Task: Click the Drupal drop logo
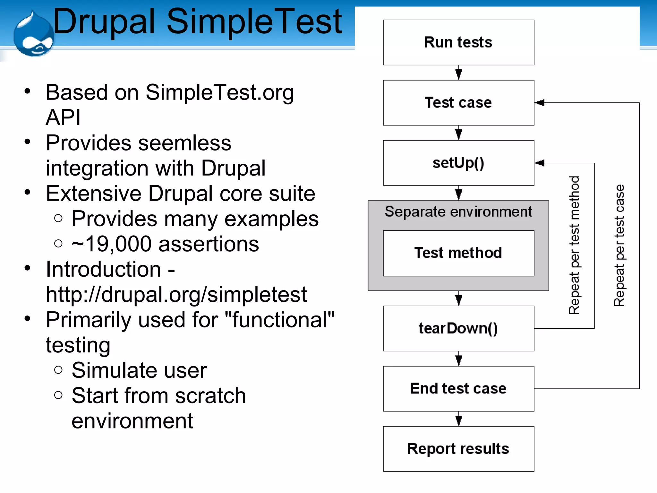click(34, 35)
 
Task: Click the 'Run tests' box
click(458, 42)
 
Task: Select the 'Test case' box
click(458, 103)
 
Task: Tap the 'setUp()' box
click(458, 163)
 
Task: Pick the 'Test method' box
click(458, 253)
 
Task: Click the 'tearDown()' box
click(458, 328)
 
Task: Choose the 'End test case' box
click(458, 388)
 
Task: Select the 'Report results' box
click(458, 449)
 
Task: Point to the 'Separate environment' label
click(458, 212)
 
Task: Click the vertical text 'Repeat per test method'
click(574, 245)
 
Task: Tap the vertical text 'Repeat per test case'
click(619, 245)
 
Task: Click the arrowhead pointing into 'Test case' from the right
click(540, 103)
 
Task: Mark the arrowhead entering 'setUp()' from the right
click(540, 163)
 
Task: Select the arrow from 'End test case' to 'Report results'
click(459, 419)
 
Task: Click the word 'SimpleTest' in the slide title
click(254, 22)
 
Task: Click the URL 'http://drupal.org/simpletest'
click(176, 294)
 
